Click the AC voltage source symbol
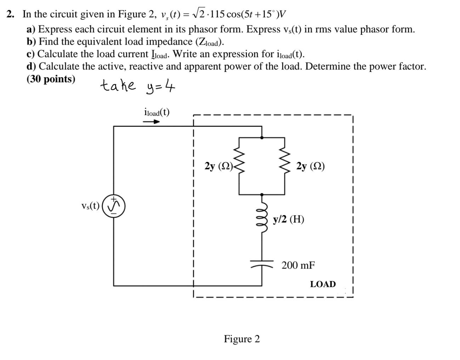(114, 206)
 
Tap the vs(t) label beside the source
(90, 206)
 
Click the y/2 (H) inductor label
(288, 219)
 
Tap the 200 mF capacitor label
(298, 265)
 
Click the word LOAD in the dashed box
(323, 284)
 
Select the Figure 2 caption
(242, 339)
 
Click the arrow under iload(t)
(151, 122)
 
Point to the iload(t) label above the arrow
(157, 112)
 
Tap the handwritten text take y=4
(138, 86)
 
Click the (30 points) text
(51, 79)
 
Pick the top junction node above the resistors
(262, 137)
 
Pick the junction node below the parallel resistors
(262, 195)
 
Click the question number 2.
(11, 14)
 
